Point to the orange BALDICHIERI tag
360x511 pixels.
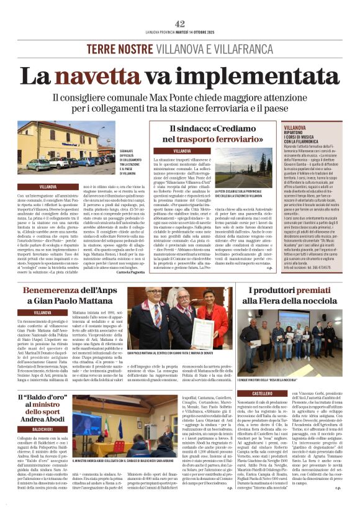[42, 428]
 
